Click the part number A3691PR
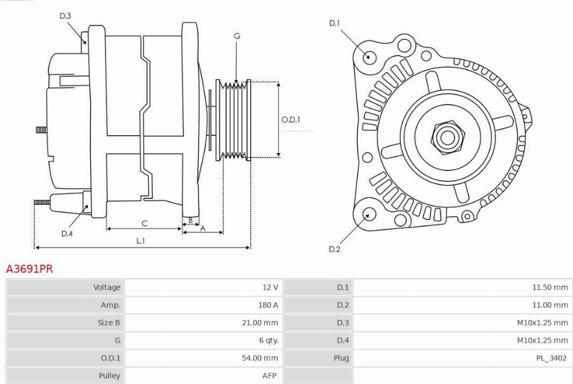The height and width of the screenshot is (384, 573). pos(29,269)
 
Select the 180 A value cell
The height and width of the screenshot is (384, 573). pos(267,305)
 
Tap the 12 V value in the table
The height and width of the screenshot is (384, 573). pos(270,288)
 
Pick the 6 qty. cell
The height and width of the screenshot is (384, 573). pos(266,341)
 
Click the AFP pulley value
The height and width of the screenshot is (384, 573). pos(269,376)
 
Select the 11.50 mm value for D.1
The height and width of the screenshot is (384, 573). pos(549,288)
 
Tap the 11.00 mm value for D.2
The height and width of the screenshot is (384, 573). pos(549,305)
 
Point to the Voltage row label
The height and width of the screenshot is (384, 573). pos(106,288)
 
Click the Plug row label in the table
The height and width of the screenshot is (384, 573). pos(341,358)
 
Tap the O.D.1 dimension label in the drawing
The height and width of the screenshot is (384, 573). pos(291,119)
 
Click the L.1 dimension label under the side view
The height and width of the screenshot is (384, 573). pos(141,240)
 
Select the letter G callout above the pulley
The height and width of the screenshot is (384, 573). pos(237,36)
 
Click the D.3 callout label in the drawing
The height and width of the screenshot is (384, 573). pos(65,16)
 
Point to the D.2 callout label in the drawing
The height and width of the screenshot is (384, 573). pos(334,249)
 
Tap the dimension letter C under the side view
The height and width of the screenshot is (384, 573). pos(145,223)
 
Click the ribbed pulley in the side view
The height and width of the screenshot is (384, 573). pos(234,119)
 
